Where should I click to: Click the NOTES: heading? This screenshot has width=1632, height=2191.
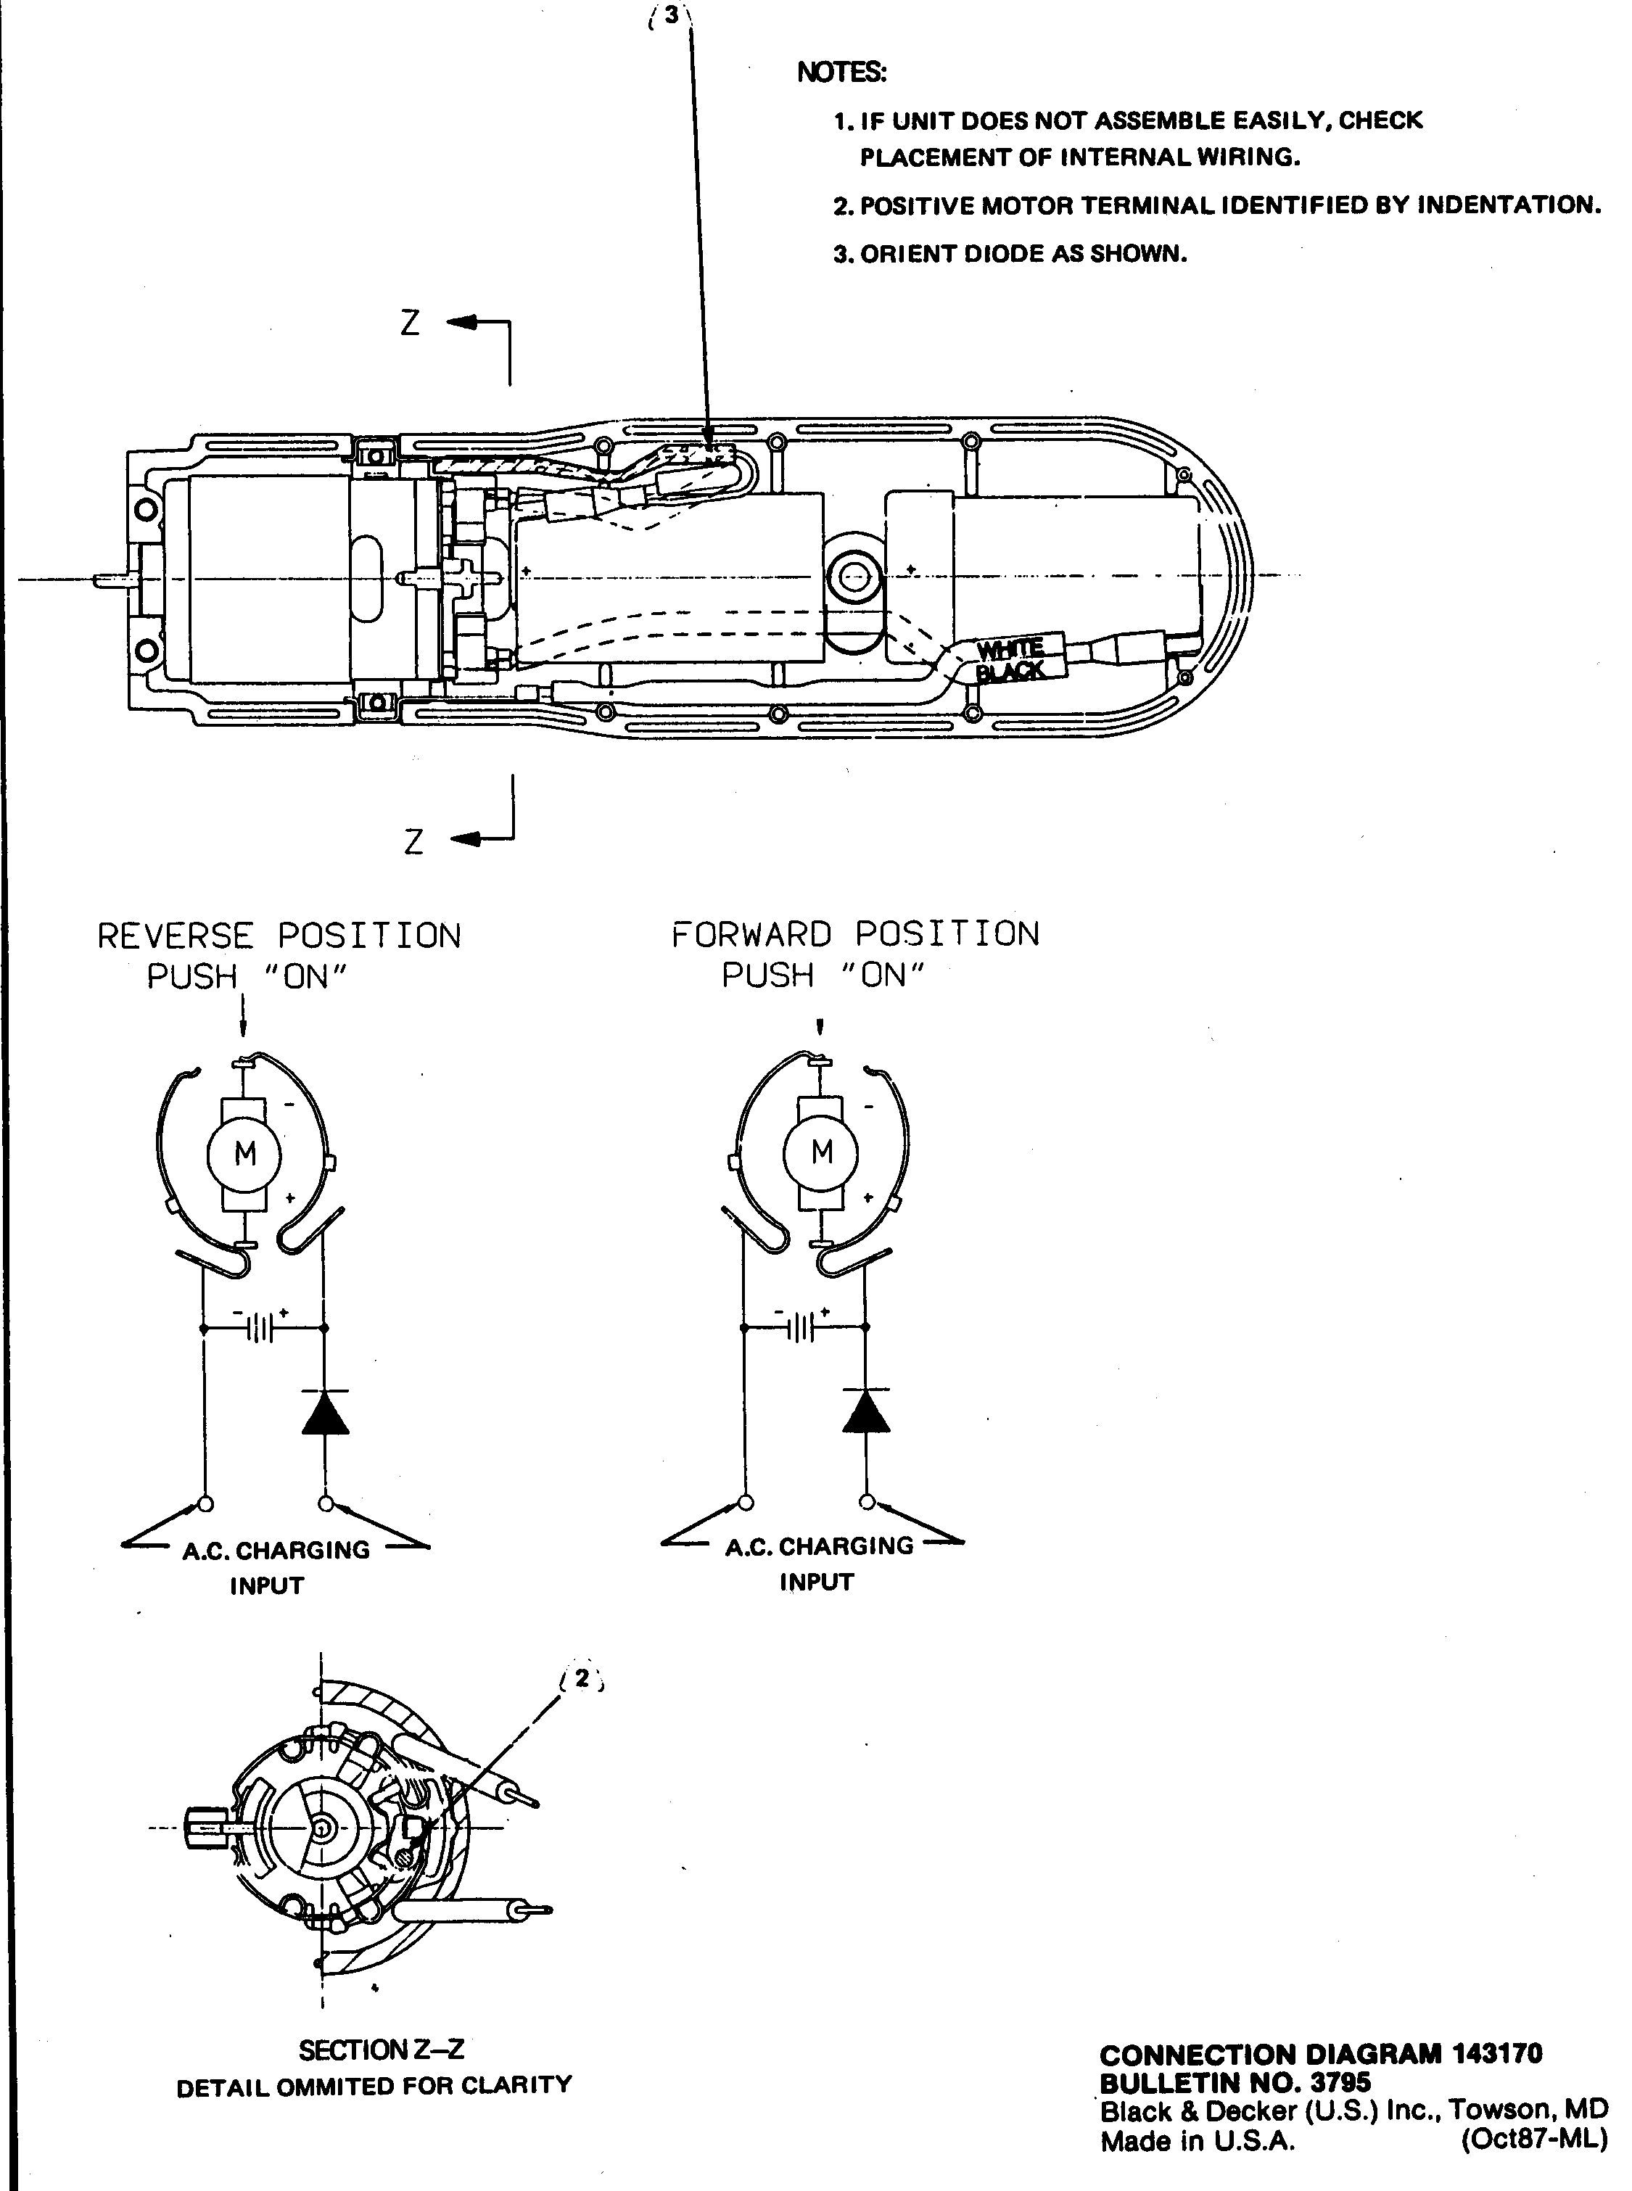(841, 72)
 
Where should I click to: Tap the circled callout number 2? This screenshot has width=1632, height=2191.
(582, 1678)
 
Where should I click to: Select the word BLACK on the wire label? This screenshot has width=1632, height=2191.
(1010, 672)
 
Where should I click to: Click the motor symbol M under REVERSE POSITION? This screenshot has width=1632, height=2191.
(244, 1152)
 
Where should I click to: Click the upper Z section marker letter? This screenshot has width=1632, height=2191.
(410, 322)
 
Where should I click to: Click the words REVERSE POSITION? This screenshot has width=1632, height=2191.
(279, 936)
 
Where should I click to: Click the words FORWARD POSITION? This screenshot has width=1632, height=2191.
(855, 933)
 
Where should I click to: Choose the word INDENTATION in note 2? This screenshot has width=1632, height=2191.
(1509, 205)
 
